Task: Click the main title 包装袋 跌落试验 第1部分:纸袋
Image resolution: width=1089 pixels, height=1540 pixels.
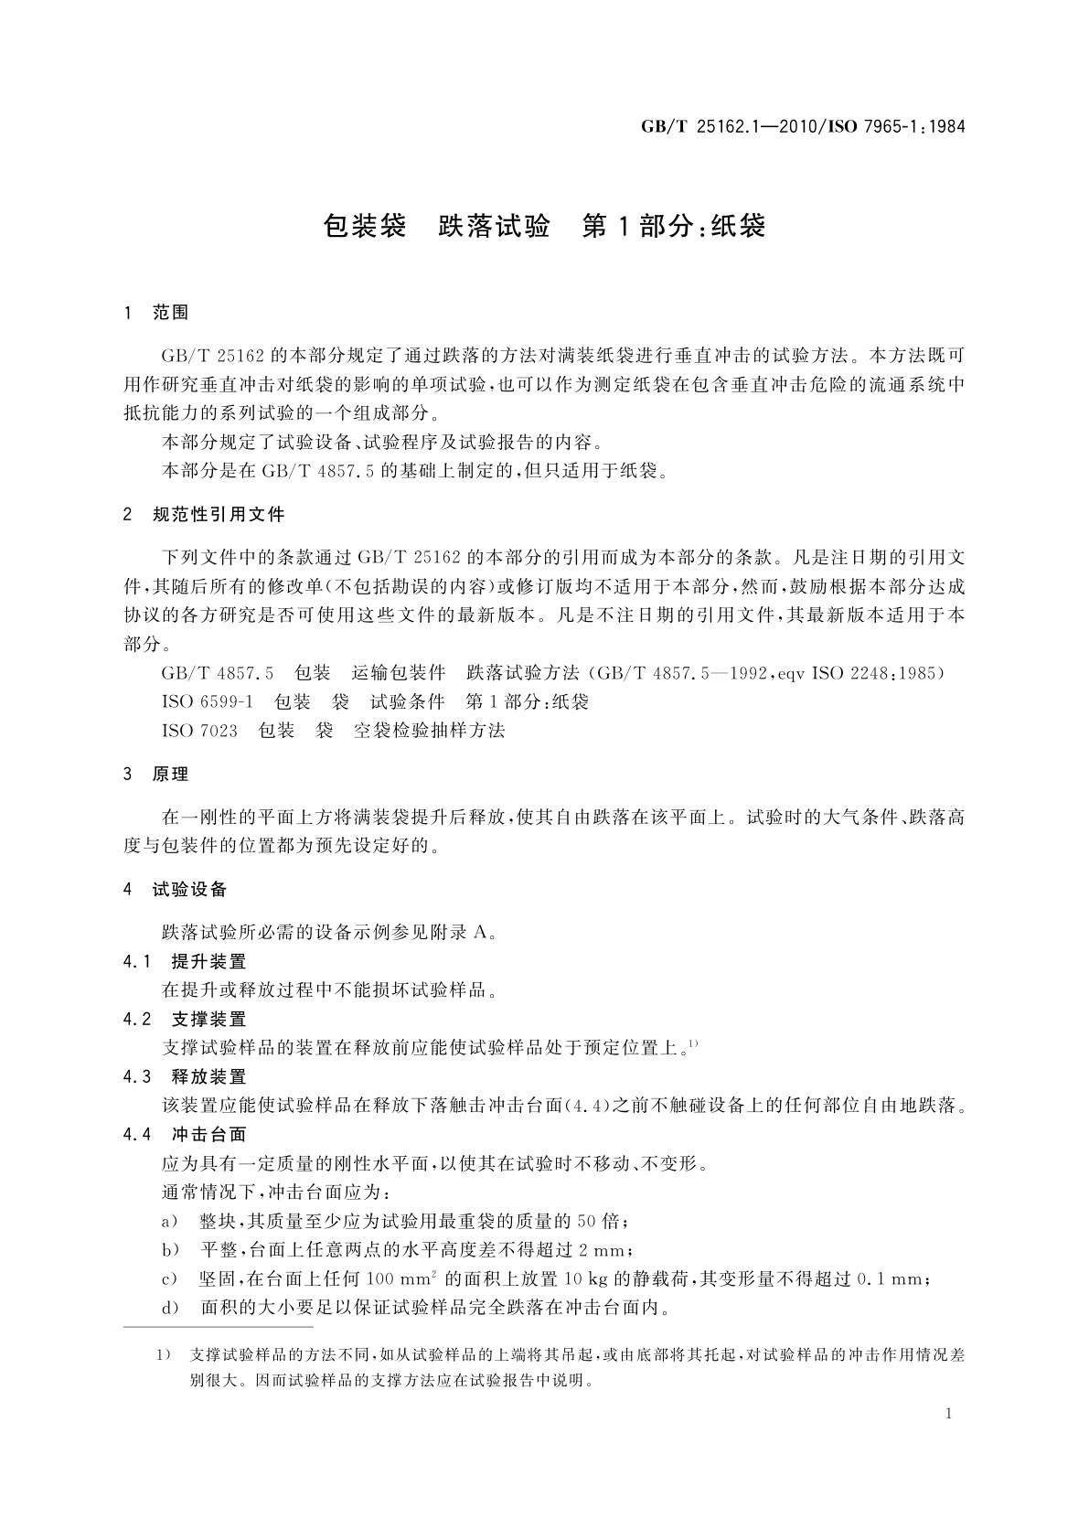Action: coord(544,226)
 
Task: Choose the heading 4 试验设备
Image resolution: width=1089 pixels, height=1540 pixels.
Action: coord(176,890)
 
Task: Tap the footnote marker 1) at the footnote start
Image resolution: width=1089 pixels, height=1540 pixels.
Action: coord(165,1355)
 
